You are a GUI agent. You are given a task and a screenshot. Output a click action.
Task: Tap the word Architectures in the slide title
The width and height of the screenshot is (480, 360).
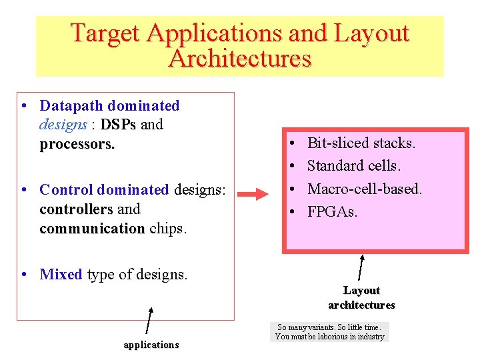(x=240, y=59)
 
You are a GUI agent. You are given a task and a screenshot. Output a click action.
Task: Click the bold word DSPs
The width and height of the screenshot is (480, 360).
(x=118, y=125)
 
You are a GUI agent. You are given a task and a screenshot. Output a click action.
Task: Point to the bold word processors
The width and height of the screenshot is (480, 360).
(x=77, y=144)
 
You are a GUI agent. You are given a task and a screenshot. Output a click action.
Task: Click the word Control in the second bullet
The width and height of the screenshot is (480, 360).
(x=67, y=190)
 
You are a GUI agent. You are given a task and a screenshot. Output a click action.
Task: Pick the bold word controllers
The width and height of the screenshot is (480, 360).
(x=76, y=209)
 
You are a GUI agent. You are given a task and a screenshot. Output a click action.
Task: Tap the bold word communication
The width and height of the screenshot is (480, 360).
(x=92, y=229)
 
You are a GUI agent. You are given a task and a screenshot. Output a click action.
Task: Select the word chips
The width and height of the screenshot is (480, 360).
(x=168, y=229)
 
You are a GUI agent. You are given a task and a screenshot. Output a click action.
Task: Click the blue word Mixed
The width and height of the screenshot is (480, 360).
(x=61, y=275)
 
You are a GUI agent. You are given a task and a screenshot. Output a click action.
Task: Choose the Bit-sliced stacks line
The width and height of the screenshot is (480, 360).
(x=361, y=143)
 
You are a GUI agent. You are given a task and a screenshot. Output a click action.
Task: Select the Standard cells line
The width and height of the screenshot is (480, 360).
(x=353, y=166)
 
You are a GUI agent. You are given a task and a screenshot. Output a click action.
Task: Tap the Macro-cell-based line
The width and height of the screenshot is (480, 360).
(x=364, y=189)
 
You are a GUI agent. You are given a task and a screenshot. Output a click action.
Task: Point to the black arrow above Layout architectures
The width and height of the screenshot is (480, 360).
(x=361, y=267)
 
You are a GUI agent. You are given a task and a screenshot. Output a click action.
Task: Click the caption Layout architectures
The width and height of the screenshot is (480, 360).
(x=361, y=298)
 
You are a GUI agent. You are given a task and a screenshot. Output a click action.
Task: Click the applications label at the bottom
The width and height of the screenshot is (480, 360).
(x=151, y=345)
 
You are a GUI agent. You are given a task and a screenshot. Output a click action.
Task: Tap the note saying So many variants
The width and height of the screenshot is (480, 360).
(x=330, y=332)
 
